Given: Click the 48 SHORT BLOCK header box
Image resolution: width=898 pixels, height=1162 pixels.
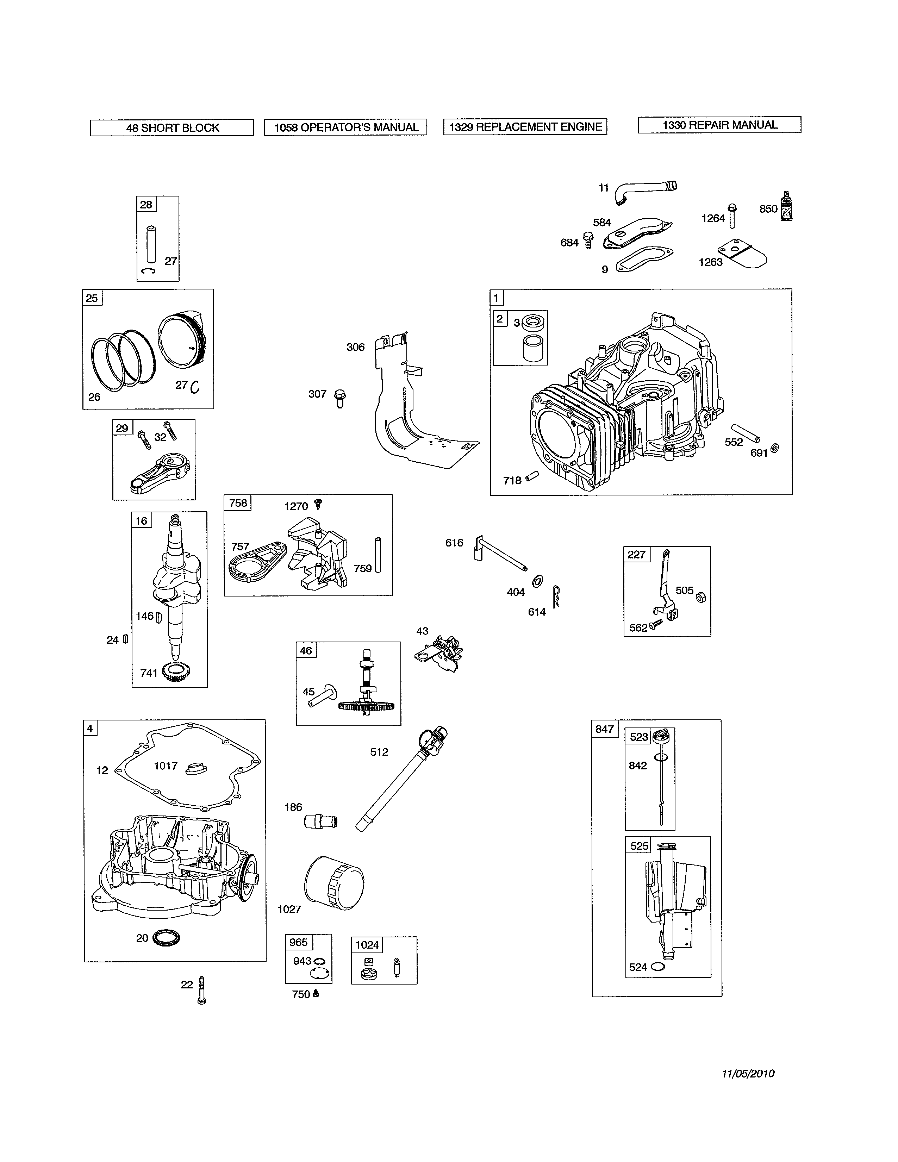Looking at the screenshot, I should click(x=172, y=128).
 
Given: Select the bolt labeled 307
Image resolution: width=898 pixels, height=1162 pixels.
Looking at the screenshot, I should click(x=340, y=398).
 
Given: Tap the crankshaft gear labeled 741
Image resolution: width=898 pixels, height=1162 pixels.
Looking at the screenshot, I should click(x=173, y=673).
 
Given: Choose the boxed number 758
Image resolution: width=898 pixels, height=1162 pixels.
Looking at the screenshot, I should click(x=238, y=503).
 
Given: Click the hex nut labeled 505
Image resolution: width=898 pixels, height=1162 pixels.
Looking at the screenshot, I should click(x=701, y=597).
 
